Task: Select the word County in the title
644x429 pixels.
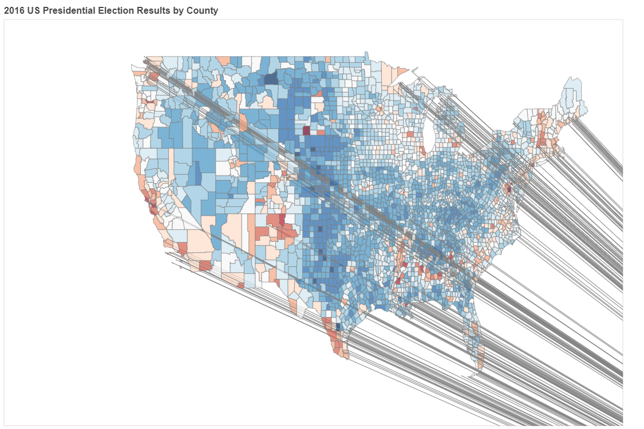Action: [x=202, y=11]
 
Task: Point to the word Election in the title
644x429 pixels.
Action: [x=113, y=10]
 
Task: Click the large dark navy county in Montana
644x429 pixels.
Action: [x=271, y=78]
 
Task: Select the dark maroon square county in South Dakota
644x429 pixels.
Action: [x=306, y=130]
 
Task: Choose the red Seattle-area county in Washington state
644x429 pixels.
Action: [x=155, y=77]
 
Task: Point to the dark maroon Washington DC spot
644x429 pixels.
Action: [x=508, y=189]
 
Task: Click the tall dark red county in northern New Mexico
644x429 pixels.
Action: [x=282, y=220]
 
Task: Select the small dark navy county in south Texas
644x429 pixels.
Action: [x=338, y=327]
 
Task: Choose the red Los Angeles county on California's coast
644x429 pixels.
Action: [x=182, y=248]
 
